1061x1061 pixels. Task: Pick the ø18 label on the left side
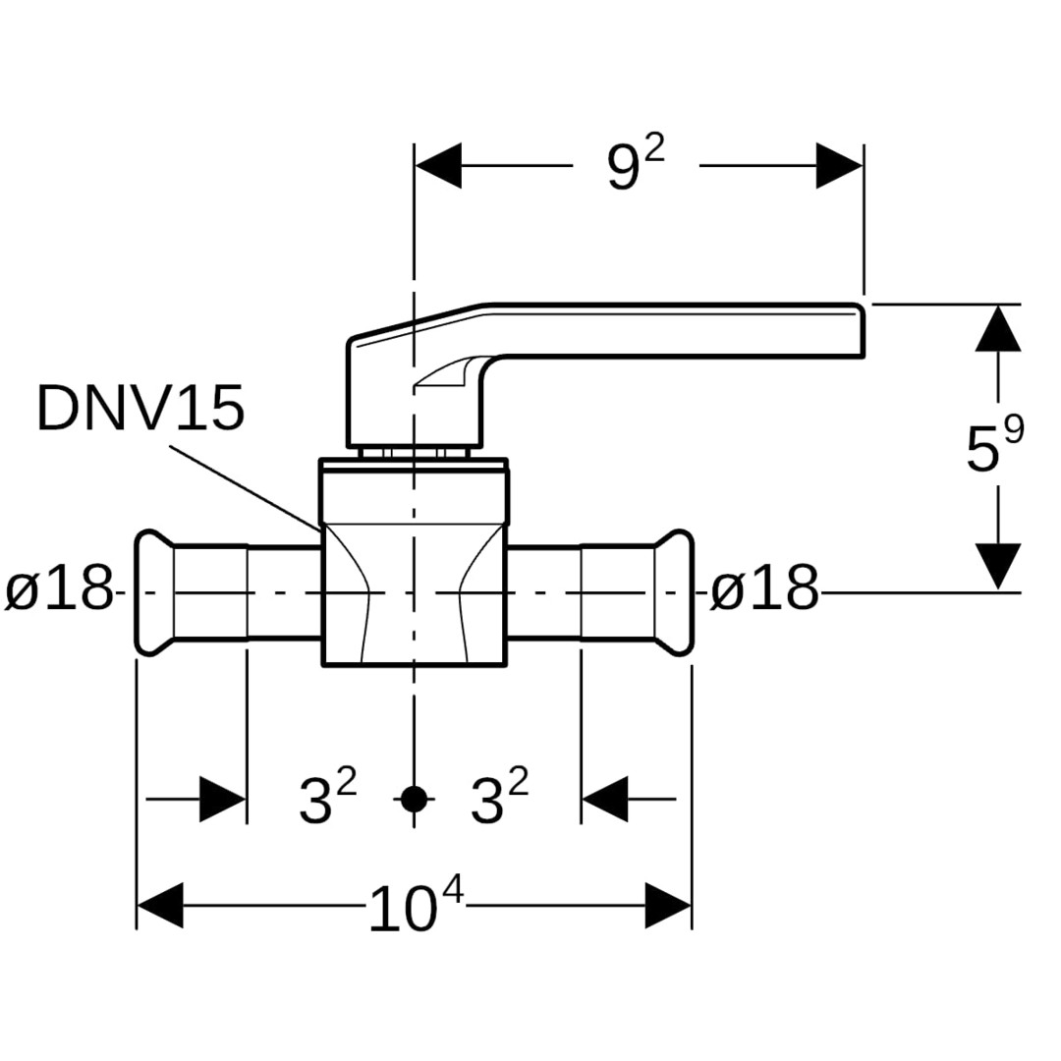[59, 590]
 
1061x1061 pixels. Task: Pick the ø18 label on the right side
[764, 590]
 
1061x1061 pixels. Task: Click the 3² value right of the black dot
[499, 798]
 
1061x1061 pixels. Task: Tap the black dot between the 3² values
[415, 799]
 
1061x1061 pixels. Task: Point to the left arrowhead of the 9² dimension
[438, 166]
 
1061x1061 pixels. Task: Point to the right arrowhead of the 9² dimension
[839, 166]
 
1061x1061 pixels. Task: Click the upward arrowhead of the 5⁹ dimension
[998, 328]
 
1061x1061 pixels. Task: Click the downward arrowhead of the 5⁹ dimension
[998, 566]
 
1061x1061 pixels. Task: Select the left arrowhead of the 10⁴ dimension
[160, 906]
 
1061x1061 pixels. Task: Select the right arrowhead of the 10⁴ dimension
[668, 906]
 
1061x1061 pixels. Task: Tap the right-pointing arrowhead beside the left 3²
[222, 799]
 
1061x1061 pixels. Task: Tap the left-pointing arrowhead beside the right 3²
[605, 799]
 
